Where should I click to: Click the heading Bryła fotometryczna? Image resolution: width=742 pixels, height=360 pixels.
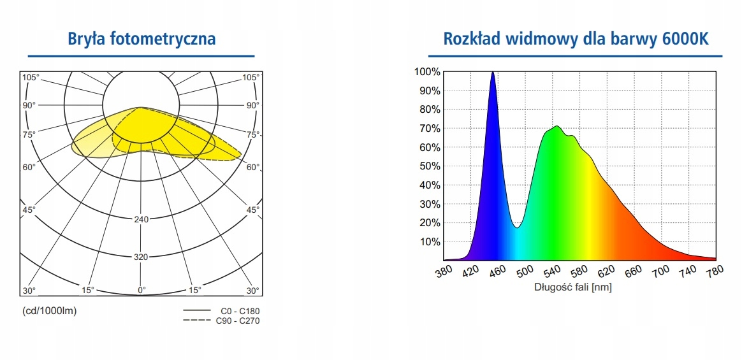pyautogui.click(x=142, y=39)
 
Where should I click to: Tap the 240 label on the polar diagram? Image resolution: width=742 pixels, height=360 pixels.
pyautogui.click(x=141, y=220)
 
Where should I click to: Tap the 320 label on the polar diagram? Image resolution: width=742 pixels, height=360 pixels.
pyautogui.click(x=141, y=257)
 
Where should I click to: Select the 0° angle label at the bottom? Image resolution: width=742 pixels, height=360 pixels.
pyautogui.click(x=142, y=290)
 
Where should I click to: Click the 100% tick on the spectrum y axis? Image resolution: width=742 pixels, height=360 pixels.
pyautogui.click(x=426, y=71)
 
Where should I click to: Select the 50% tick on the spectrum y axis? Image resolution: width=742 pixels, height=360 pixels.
pyautogui.click(x=429, y=166)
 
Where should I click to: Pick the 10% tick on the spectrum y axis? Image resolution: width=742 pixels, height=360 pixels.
pyautogui.click(x=429, y=242)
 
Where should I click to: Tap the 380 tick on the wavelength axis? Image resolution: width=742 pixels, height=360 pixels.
pyautogui.click(x=444, y=272)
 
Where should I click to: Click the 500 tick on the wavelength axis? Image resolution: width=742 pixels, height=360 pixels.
pyautogui.click(x=525, y=272)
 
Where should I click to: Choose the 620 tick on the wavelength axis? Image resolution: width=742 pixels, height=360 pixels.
pyautogui.click(x=606, y=272)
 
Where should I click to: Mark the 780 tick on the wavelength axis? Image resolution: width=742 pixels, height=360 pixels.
pyautogui.click(x=715, y=272)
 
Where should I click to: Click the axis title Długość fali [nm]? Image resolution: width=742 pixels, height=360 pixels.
pyautogui.click(x=572, y=287)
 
